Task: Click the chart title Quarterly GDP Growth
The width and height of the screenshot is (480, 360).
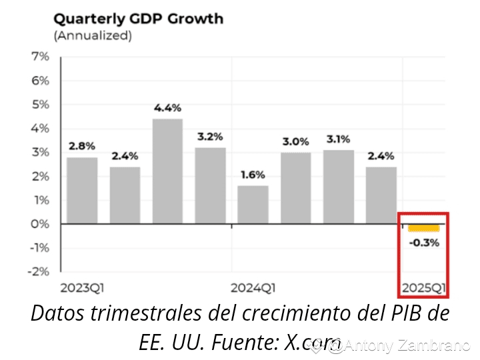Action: coord(138,18)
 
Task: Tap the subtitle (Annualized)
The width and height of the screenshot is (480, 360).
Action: coord(93,36)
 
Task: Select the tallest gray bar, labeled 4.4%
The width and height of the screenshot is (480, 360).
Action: coord(167,171)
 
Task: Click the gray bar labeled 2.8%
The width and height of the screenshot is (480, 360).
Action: coord(82,191)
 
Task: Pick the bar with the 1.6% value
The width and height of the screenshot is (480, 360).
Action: coord(253,205)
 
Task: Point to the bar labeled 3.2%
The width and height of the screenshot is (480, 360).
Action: coord(210,186)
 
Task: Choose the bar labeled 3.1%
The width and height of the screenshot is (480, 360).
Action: coord(338,187)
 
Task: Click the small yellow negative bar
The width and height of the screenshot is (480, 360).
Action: coord(423,228)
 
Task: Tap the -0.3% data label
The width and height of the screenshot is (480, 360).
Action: coord(424,243)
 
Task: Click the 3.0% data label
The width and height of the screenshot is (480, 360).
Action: coord(295,141)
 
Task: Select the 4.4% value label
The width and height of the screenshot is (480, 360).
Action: coord(167,107)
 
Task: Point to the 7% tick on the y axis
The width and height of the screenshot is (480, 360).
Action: coord(41,57)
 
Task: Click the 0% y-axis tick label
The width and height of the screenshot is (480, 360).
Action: coord(41,224)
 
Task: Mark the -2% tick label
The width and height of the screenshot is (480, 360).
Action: coord(39,271)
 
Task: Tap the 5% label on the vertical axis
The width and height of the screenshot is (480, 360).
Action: coord(41,105)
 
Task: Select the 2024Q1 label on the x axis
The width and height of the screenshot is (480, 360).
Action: coord(253,288)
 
